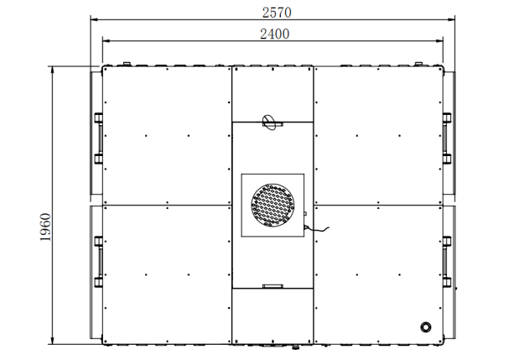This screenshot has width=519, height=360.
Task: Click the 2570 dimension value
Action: tap(277, 13)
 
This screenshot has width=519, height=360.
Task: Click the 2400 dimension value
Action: tap(275, 34)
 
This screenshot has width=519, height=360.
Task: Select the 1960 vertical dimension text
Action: tap(45, 227)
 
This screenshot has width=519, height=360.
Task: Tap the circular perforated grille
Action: tap(272, 206)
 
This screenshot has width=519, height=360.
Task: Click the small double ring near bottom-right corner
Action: tap(426, 327)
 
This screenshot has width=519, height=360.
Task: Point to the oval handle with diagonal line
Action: tap(268, 123)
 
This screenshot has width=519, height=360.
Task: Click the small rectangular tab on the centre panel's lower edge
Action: tap(272, 286)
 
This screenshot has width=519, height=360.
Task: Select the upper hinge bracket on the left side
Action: tap(98, 138)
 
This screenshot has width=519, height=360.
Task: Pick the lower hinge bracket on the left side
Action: tap(98, 262)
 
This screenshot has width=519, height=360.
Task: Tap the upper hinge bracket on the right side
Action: tap(447, 138)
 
